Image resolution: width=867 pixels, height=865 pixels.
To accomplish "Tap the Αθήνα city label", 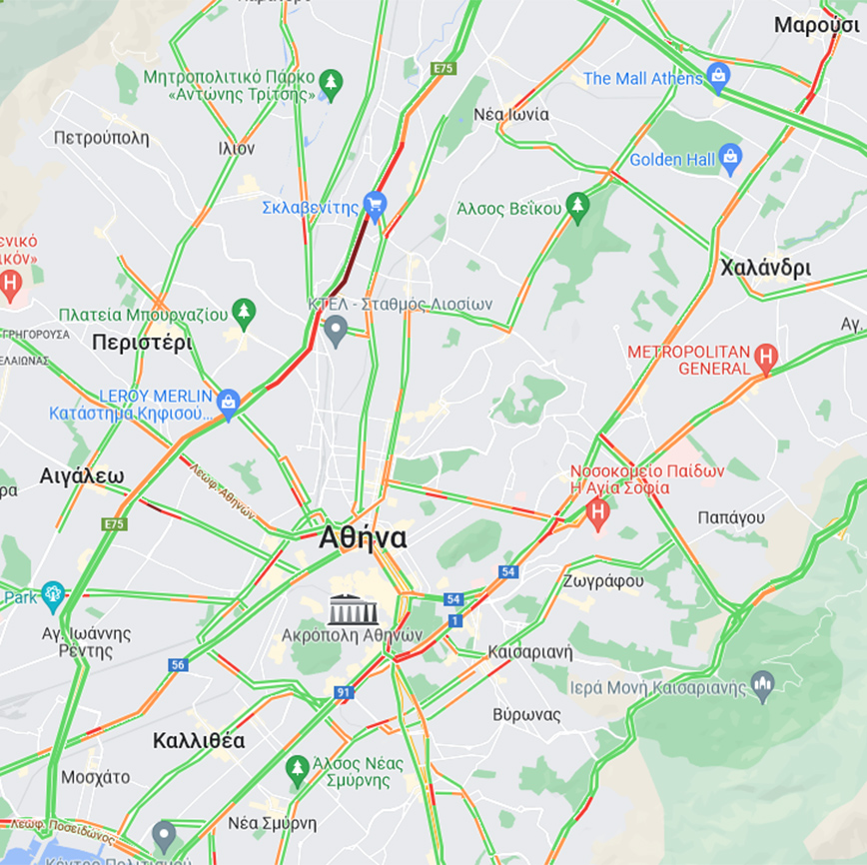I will point(363,538).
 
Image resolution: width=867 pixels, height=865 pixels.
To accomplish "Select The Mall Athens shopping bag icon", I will point(717,77).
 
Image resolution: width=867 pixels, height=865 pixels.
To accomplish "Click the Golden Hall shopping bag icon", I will point(731,159).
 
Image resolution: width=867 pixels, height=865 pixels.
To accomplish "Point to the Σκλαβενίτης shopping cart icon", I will point(375,207).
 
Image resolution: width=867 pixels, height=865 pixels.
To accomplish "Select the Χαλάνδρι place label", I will point(765,268).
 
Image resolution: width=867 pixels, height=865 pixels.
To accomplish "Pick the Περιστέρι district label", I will point(141,343).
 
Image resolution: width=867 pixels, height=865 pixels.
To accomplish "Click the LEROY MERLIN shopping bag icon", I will point(229,403).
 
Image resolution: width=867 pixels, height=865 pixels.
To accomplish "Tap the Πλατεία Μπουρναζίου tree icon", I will point(244,314).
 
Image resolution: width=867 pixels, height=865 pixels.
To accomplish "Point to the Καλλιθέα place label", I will point(199,741).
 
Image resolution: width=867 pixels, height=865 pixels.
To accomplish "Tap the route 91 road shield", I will point(345,692).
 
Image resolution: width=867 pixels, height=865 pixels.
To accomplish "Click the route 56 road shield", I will point(178,665).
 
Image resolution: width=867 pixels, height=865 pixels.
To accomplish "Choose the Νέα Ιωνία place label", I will point(510,114).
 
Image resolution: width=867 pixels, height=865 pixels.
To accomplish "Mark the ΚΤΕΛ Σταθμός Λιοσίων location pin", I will point(336,329).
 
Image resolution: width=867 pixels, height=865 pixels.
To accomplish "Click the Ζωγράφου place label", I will point(602,580).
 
